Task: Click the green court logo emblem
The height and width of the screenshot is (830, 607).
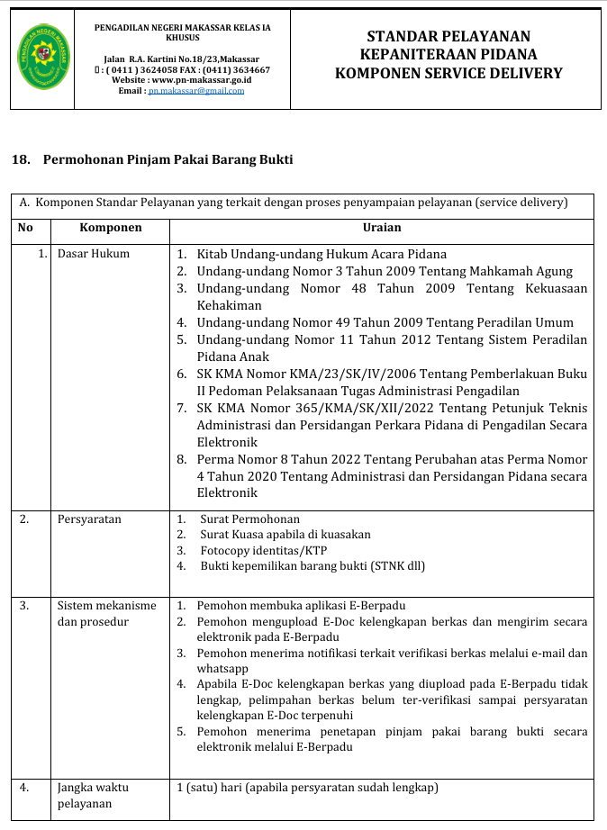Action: tap(41, 58)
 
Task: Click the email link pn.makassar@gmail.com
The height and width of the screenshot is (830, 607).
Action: tap(196, 91)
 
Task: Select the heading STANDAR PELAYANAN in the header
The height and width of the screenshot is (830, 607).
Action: tap(448, 37)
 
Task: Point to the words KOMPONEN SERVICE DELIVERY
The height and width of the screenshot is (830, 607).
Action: tap(448, 74)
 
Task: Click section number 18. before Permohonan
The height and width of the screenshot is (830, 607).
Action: tap(21, 160)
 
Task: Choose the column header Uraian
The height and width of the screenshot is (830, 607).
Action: tap(382, 229)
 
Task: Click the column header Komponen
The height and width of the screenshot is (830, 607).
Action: tap(111, 229)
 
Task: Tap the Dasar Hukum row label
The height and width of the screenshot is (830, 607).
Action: tap(94, 254)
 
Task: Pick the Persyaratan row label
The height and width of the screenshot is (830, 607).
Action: tap(89, 519)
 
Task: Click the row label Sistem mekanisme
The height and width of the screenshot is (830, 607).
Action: tap(106, 606)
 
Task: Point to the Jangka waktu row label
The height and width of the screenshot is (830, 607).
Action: tap(93, 788)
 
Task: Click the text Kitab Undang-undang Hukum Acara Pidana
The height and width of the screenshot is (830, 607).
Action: tap(322, 255)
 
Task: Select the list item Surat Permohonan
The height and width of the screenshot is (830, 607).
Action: tap(249, 519)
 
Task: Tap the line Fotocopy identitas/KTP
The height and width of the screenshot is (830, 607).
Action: tap(263, 550)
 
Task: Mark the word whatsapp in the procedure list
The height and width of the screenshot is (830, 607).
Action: tap(222, 669)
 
